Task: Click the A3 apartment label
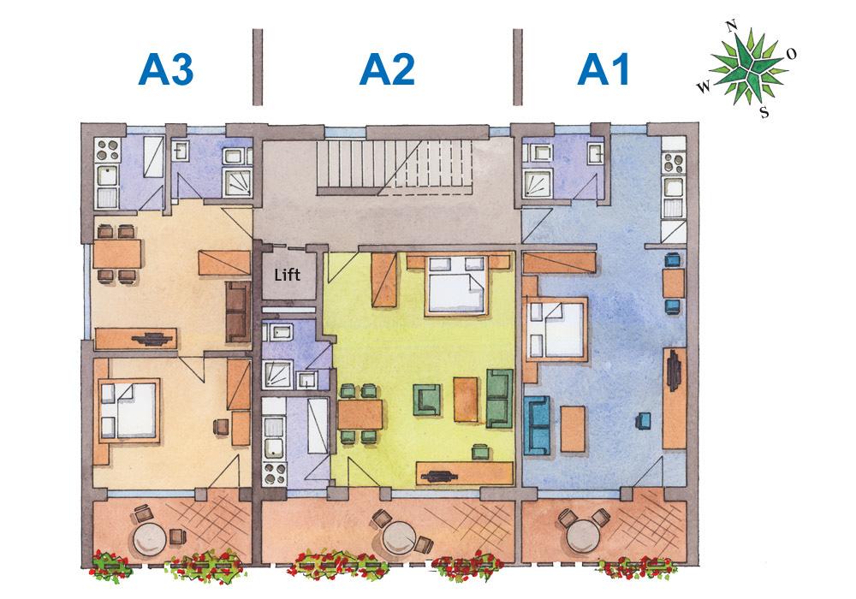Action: tap(167, 70)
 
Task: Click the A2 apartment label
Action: tap(387, 70)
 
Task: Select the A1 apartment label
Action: tap(604, 70)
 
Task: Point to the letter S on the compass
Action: tap(764, 111)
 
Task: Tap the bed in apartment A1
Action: tap(557, 329)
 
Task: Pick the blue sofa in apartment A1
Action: tap(539, 424)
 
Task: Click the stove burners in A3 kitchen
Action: tap(108, 151)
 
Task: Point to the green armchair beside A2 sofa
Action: tap(426, 398)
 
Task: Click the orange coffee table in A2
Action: tap(466, 398)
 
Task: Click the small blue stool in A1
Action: tap(643, 419)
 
